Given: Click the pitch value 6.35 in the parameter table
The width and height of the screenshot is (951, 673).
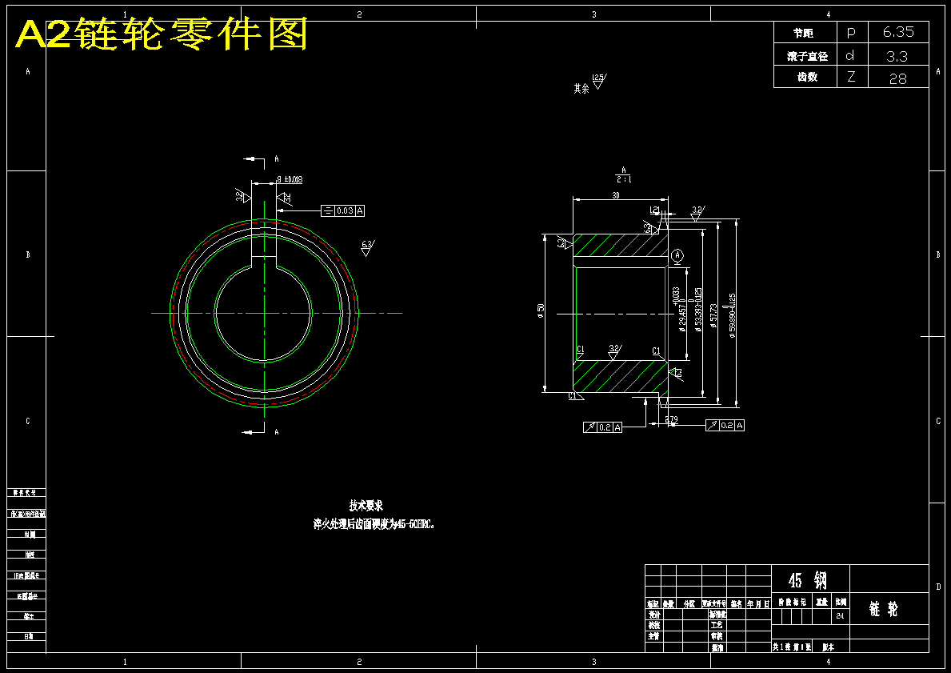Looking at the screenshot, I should click(898, 32).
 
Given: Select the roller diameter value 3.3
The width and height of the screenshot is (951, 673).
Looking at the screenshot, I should click(897, 55).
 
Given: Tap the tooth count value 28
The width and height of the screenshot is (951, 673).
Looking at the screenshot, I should click(897, 78).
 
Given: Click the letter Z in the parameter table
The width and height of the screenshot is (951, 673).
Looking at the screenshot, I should click(851, 78).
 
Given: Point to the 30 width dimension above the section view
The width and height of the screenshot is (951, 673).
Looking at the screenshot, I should click(616, 195).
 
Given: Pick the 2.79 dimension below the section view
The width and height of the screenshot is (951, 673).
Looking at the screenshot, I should click(671, 419).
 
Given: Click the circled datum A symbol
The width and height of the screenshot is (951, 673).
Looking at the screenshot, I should click(677, 254).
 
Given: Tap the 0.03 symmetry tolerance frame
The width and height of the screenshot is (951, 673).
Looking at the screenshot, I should click(343, 210).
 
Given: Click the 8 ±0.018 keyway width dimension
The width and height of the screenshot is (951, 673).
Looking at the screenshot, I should click(290, 180).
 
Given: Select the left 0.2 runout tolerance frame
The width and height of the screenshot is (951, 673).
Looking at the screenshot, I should click(603, 427).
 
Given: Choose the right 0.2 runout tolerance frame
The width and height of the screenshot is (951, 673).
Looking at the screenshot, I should click(725, 425).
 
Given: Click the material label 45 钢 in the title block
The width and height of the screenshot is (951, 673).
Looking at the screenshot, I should click(809, 580).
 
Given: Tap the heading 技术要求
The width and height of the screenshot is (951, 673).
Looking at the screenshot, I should click(366, 506).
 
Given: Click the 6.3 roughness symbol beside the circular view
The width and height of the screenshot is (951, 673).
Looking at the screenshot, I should click(367, 246).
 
